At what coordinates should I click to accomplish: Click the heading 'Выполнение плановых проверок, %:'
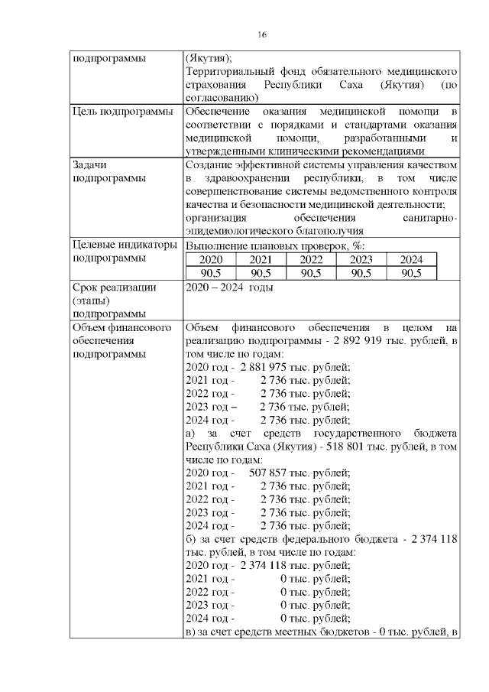pos(275,245)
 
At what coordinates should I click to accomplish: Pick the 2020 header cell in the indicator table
pos(211,260)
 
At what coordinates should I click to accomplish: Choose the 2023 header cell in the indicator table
pos(361,260)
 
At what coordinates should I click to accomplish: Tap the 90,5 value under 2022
pos(311,274)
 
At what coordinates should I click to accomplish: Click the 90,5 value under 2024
pos(410,274)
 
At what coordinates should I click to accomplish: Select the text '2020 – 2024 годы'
pos(230,288)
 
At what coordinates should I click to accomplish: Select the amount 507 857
pos(267,473)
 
